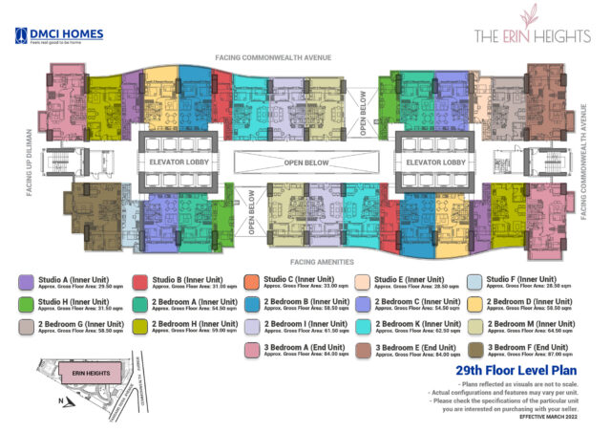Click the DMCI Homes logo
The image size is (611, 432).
(59, 37)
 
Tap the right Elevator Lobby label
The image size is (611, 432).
(435, 162)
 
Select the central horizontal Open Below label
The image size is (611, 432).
(306, 162)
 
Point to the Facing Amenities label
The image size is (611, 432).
(306, 260)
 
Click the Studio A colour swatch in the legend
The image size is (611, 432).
(27, 282)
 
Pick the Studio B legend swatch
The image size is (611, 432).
(139, 282)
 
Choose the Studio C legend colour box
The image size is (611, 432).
(252, 282)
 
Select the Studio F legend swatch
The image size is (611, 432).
(474, 282)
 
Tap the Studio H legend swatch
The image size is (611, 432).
(27, 304)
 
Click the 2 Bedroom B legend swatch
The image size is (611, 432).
(252, 304)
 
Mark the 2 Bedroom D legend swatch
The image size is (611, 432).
(474, 304)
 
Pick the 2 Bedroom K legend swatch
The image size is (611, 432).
(364, 326)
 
